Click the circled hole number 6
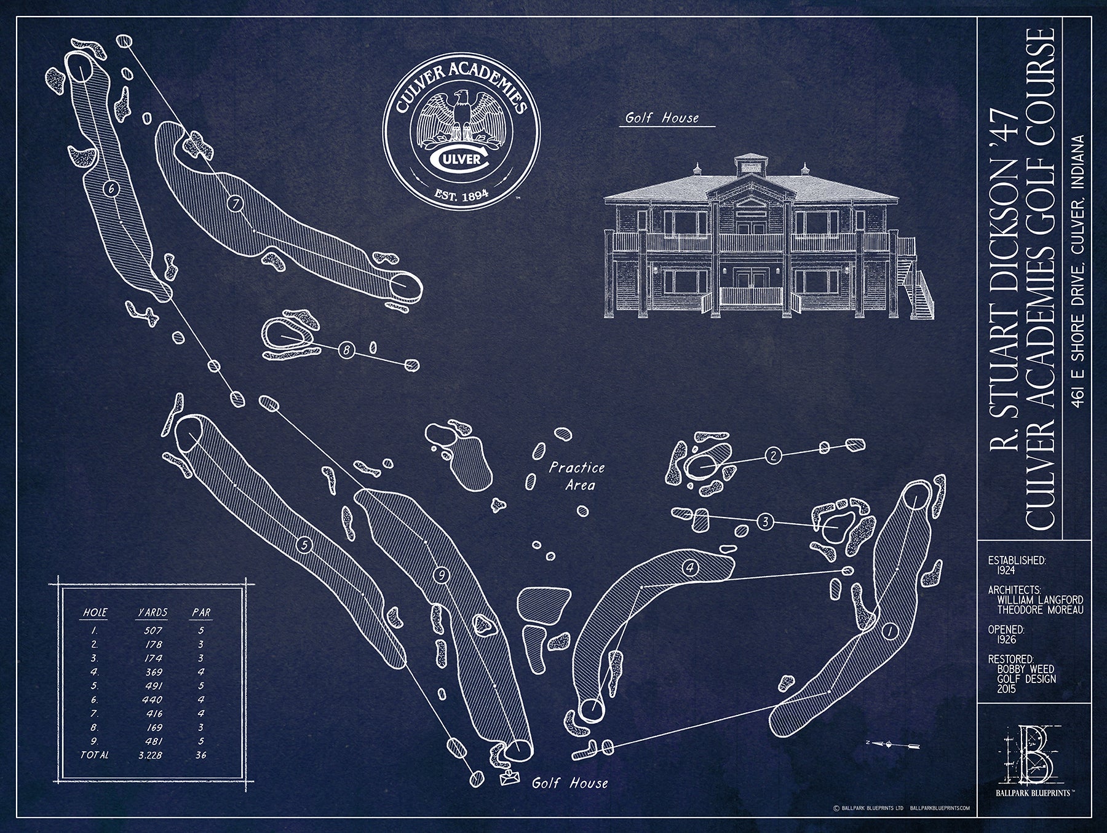point(111,189)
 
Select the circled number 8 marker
point(346,350)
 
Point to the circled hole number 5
point(303,544)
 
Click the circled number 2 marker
point(772,455)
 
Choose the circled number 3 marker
point(765,522)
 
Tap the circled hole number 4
point(690,568)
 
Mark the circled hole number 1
point(887,630)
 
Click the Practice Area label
point(576,476)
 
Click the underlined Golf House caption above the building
point(662,118)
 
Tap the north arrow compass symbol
point(890,744)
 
